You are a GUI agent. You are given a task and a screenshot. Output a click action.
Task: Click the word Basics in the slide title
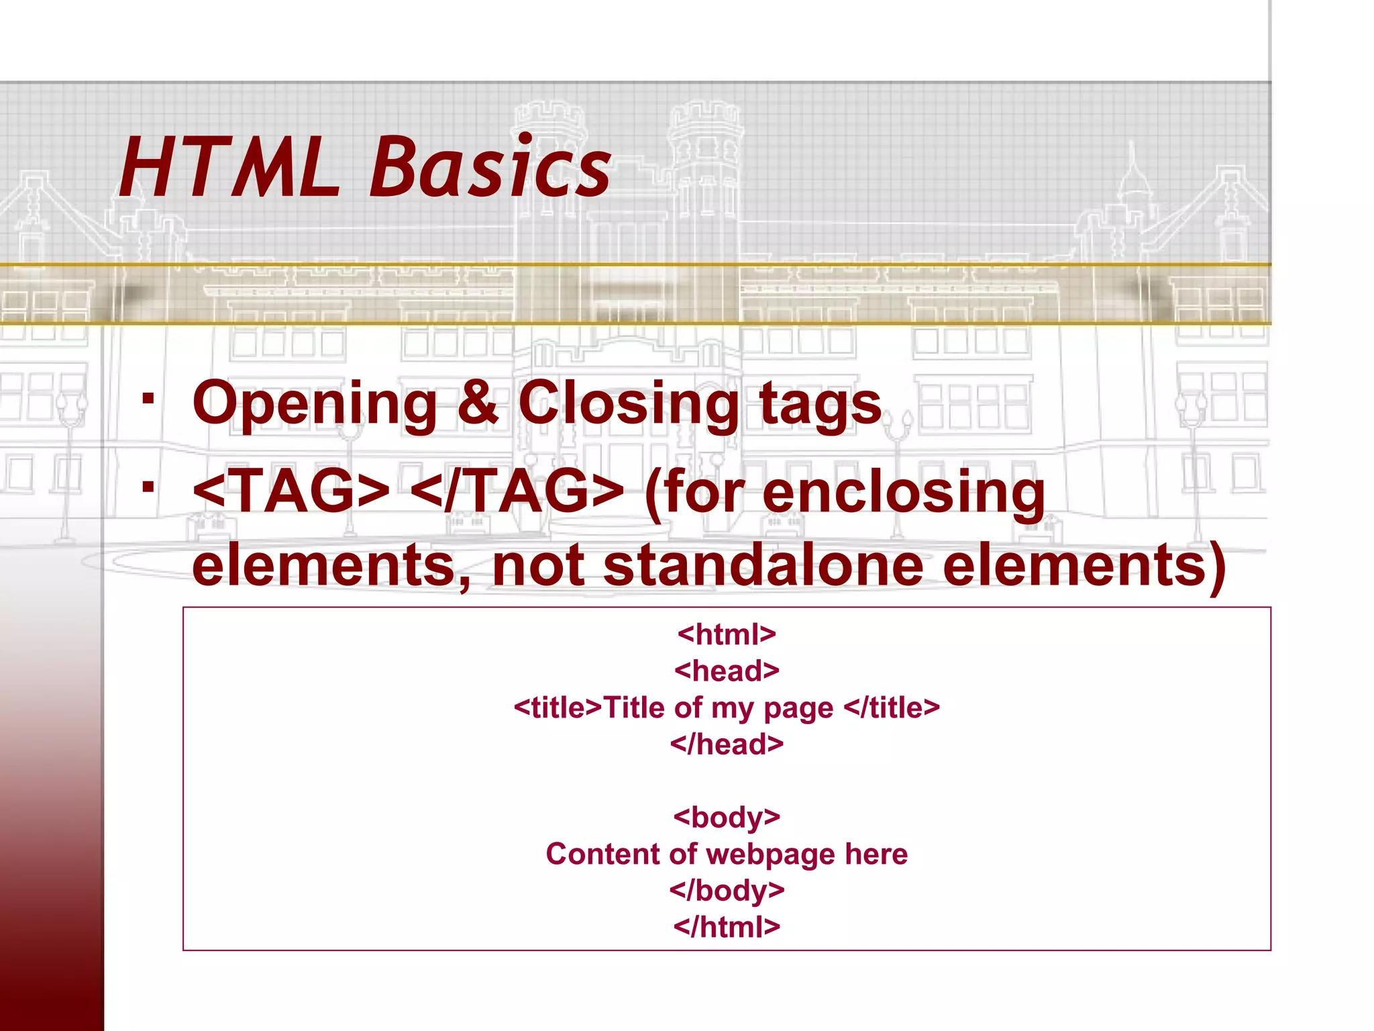[x=490, y=168]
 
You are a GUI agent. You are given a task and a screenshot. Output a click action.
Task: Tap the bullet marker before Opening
[x=148, y=398]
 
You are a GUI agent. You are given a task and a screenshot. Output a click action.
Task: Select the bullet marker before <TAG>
[x=148, y=487]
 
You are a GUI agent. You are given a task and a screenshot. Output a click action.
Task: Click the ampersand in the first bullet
[x=477, y=403]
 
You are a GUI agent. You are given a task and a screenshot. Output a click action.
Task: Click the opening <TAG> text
[x=291, y=491]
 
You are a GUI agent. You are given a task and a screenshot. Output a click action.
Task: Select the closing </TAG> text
[x=517, y=491]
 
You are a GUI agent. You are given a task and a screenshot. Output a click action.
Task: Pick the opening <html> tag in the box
[x=727, y=634]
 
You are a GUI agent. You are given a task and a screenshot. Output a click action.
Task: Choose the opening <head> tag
[x=727, y=671]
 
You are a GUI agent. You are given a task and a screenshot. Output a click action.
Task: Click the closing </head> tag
[x=727, y=744]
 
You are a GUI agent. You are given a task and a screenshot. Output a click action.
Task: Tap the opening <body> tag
[x=727, y=818]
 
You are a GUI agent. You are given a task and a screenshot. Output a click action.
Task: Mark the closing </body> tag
[x=727, y=891]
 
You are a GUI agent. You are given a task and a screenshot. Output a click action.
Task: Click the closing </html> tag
[x=727, y=927]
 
